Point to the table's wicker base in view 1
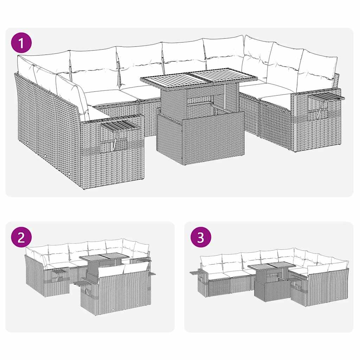coord(200,139)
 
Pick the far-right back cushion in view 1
coord(316,70)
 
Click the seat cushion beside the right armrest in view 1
coord(278,102)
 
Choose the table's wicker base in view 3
coord(271,290)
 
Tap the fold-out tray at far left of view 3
coord(195,272)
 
